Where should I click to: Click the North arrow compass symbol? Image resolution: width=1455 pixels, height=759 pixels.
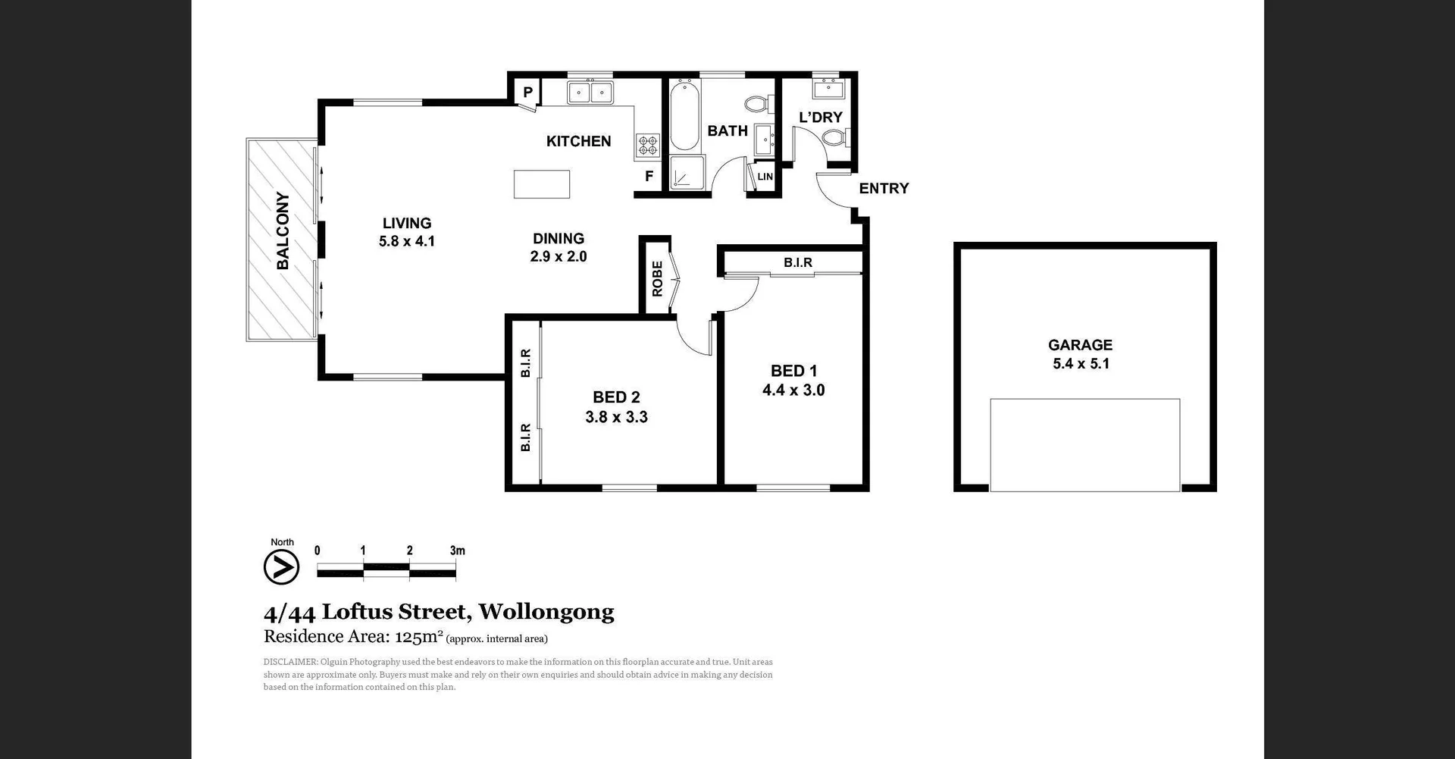[x=281, y=566]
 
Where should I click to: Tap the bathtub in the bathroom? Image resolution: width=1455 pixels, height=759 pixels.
[x=684, y=116]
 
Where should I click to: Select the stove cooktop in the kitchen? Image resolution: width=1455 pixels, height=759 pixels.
[x=647, y=145]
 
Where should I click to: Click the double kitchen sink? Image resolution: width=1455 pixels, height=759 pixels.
[x=590, y=93]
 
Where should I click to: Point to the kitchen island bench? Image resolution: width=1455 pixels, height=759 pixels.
[x=541, y=184]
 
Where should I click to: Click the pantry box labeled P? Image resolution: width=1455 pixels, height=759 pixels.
[x=527, y=93]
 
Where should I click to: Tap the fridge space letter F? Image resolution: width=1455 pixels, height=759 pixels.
[x=649, y=177]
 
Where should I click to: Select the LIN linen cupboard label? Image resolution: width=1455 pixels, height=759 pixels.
[x=765, y=177]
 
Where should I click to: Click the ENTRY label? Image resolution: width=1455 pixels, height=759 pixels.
[x=884, y=188]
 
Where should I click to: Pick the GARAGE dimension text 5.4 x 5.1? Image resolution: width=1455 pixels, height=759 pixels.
[x=1081, y=364]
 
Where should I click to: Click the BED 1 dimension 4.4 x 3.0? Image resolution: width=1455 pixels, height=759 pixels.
[x=793, y=390]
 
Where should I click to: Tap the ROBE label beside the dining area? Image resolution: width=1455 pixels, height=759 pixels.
[x=657, y=278]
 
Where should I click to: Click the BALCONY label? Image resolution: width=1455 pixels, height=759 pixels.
[x=283, y=231]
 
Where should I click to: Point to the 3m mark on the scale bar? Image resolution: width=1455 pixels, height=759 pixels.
[x=457, y=551]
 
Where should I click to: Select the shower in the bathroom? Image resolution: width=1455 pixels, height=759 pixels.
[x=687, y=173]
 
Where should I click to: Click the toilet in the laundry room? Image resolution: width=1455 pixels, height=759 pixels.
[x=835, y=138]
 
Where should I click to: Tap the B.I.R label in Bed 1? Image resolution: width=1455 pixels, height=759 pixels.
[x=797, y=262]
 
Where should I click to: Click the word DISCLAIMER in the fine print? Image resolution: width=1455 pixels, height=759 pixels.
[x=289, y=662]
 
